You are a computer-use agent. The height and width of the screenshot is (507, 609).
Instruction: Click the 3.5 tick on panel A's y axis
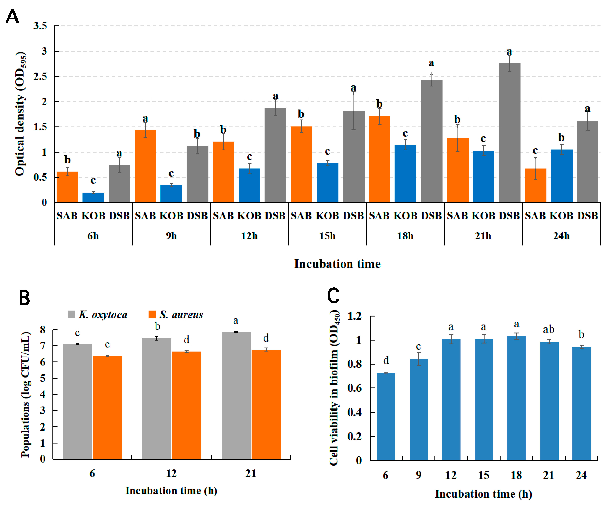(40, 26)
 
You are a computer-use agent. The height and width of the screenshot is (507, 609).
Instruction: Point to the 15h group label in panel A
(327, 236)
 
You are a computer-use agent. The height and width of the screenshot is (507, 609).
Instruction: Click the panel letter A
(12, 17)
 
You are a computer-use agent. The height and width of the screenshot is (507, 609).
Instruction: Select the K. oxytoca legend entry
(98, 314)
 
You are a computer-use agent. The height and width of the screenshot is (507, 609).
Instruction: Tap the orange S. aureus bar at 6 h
(107, 407)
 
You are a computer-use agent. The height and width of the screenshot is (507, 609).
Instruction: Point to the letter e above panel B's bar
(107, 344)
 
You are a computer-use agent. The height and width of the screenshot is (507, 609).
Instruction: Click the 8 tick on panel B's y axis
(43, 330)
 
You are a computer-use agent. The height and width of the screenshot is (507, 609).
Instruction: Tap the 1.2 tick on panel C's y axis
(354, 316)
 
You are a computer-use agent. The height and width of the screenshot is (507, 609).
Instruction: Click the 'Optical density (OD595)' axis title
(21, 114)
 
